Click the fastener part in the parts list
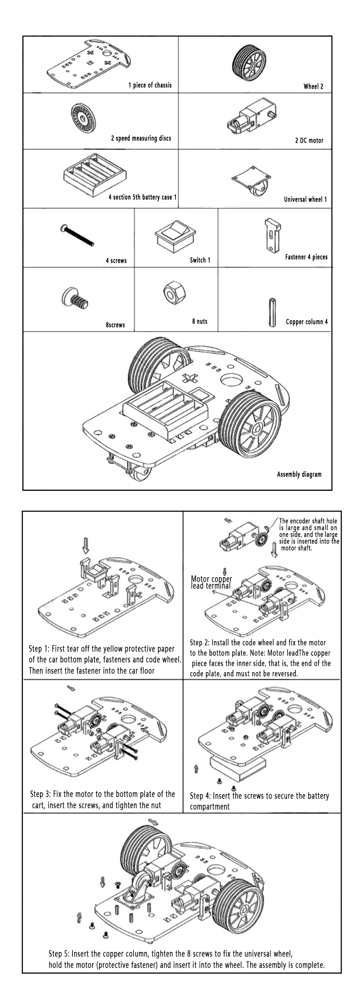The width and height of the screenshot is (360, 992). tap(271, 235)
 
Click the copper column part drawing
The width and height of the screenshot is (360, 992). tap(272, 311)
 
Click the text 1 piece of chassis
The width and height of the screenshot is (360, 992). tap(150, 85)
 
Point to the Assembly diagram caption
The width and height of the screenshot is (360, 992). tap(299, 474)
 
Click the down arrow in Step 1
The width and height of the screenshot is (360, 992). tap(85, 546)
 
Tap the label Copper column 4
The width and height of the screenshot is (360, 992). tap(306, 322)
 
